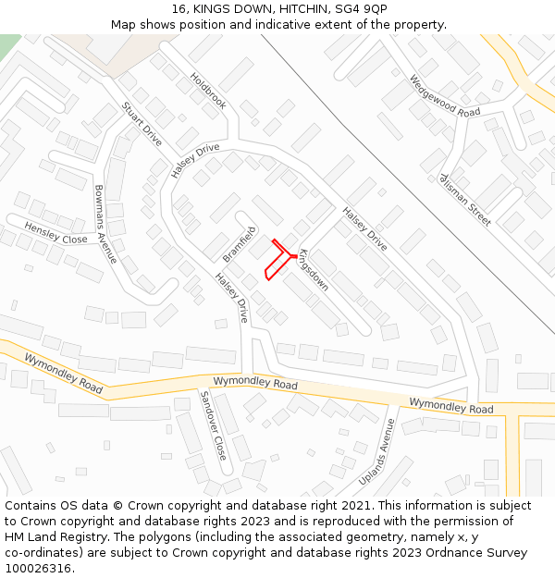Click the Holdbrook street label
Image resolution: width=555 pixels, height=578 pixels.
coord(208,91)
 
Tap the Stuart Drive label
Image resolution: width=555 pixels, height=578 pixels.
coord(142,124)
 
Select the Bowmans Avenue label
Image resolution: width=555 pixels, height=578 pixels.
coord(105,225)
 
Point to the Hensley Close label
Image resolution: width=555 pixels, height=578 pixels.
coord(55,233)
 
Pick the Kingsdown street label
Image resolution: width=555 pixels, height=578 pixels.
coord(313,269)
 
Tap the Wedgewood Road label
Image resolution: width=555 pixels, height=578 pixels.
coord(445,95)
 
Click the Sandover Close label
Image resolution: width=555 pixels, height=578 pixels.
coord(213,425)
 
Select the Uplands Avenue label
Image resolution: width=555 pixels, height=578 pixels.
coord(376,452)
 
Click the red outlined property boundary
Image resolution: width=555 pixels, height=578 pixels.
coord(277,260)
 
